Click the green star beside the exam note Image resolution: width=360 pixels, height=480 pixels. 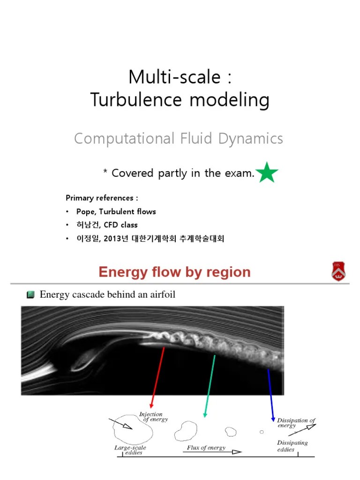pyautogui.click(x=268, y=172)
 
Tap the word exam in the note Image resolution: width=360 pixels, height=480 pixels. pyautogui.click(x=241, y=173)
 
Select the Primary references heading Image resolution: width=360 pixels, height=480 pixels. pyautogui.click(x=102, y=198)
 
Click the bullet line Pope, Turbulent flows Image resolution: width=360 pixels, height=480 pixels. pyautogui.click(x=116, y=211)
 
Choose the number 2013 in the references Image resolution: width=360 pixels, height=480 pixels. pyautogui.click(x=115, y=239)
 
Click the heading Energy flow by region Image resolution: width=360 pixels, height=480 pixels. pyautogui.click(x=174, y=272)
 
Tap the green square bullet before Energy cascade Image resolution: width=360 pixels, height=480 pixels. pyautogui.click(x=30, y=295)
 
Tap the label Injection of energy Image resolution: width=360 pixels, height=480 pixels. pyautogui.click(x=152, y=417)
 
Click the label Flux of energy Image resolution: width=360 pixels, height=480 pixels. pyautogui.click(x=206, y=448)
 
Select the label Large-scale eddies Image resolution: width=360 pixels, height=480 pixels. pyautogui.click(x=129, y=450)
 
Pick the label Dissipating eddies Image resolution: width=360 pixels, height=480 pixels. pyautogui.click(x=292, y=446)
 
